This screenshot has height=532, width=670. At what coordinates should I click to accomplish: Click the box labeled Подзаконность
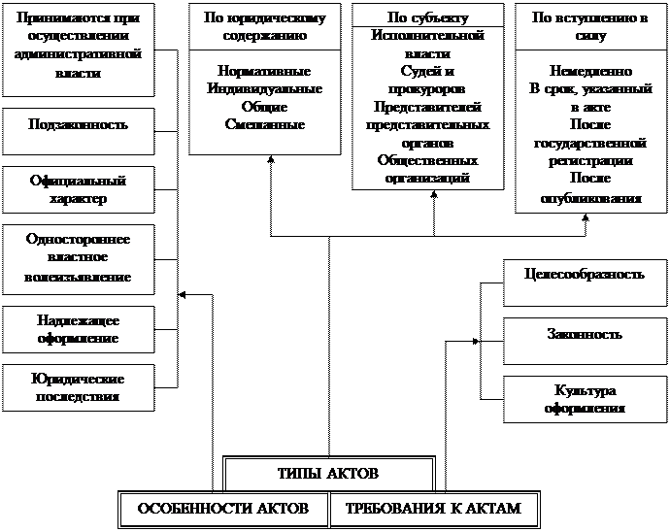79,126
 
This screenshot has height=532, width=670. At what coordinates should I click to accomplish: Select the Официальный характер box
79,189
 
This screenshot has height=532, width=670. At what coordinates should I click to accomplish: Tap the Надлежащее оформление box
79,329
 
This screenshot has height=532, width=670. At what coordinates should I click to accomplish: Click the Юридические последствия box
79,387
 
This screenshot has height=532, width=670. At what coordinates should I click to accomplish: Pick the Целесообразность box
586,275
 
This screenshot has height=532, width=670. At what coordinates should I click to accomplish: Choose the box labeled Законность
586,335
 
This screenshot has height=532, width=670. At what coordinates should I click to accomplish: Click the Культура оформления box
586,399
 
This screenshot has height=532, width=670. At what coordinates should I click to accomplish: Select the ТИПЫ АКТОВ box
328,474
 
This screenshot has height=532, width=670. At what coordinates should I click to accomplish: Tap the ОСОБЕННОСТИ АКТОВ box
222,509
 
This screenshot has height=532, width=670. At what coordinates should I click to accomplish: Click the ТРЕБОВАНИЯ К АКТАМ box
433,509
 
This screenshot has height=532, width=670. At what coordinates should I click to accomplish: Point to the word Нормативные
265,72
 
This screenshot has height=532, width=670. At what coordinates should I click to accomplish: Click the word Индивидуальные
265,89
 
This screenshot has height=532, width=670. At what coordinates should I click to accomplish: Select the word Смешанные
265,124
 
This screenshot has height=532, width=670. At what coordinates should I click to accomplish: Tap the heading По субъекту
427,18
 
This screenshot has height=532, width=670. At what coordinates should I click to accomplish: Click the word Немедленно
590,72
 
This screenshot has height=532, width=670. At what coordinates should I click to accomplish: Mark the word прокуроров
427,89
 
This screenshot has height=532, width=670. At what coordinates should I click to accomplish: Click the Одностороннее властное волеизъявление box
79,257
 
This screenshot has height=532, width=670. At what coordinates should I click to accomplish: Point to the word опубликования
590,197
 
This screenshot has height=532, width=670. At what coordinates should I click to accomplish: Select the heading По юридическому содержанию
265,26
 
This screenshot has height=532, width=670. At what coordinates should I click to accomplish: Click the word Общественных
427,160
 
